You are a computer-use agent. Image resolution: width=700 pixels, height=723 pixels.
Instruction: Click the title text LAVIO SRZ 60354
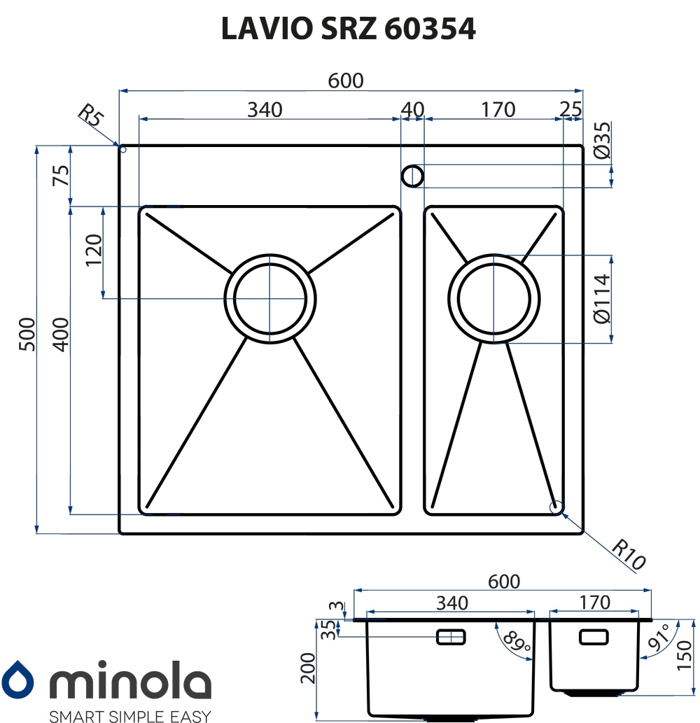(x=348, y=29)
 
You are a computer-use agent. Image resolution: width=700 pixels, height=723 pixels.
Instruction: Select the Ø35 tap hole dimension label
(x=602, y=140)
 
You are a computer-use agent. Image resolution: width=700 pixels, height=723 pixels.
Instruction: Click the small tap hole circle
(x=412, y=176)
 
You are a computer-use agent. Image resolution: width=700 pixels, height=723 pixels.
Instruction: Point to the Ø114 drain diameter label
(x=602, y=299)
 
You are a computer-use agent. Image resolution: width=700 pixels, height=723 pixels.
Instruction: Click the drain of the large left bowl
(x=270, y=299)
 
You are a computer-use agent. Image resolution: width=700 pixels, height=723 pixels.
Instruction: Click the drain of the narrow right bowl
(x=494, y=299)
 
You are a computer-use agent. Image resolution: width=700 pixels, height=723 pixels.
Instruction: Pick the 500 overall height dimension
(x=27, y=335)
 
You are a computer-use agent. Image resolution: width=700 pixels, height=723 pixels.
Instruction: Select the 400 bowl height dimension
(x=61, y=335)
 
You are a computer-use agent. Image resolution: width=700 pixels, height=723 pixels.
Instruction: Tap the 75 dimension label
(x=61, y=175)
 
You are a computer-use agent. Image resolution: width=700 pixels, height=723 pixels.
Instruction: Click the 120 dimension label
(x=94, y=249)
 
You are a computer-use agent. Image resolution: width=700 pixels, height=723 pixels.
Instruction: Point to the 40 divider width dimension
(x=412, y=110)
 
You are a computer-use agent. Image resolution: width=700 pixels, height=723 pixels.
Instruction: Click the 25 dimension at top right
(x=571, y=109)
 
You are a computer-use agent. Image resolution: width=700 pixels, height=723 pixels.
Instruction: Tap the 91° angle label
(x=659, y=636)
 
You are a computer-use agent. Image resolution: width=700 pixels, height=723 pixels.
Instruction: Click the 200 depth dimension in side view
(x=307, y=668)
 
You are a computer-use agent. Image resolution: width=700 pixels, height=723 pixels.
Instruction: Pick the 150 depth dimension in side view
(x=685, y=655)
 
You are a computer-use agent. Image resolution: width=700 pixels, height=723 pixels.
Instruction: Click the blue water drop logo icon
(x=17, y=679)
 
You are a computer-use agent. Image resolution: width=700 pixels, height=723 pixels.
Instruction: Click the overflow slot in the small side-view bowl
(x=594, y=637)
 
